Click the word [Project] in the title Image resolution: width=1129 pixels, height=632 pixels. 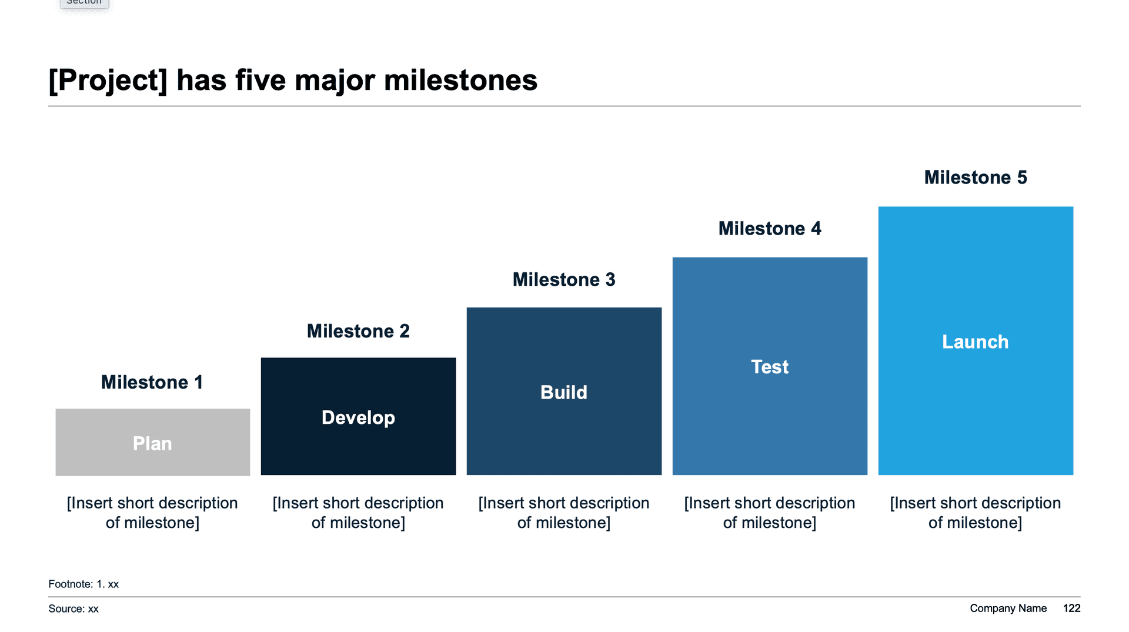(108, 81)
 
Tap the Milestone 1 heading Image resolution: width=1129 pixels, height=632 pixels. (152, 382)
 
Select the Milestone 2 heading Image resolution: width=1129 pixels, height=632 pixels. (358, 331)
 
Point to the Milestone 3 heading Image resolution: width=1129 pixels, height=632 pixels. (564, 279)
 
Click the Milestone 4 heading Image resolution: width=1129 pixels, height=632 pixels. (770, 228)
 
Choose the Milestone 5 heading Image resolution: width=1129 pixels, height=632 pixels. (976, 177)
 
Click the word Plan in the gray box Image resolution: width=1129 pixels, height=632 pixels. (152, 443)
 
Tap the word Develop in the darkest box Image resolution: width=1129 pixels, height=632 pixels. (358, 417)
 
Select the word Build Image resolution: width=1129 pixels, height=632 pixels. (564, 392)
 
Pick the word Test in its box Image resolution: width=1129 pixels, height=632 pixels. (770, 367)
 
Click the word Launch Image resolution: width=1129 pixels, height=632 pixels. (976, 342)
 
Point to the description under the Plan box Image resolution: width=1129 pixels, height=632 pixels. (152, 513)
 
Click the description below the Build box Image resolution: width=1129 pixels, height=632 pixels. (564, 513)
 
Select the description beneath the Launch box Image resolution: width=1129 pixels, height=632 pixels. (976, 513)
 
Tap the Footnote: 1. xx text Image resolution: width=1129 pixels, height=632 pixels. (83, 584)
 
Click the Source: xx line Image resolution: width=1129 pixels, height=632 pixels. (74, 608)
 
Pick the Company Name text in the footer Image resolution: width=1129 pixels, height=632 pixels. (1008, 608)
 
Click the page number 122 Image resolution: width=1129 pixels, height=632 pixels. (1071, 608)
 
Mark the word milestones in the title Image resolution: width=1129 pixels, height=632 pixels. (460, 81)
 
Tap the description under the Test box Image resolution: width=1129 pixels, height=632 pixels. (770, 513)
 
